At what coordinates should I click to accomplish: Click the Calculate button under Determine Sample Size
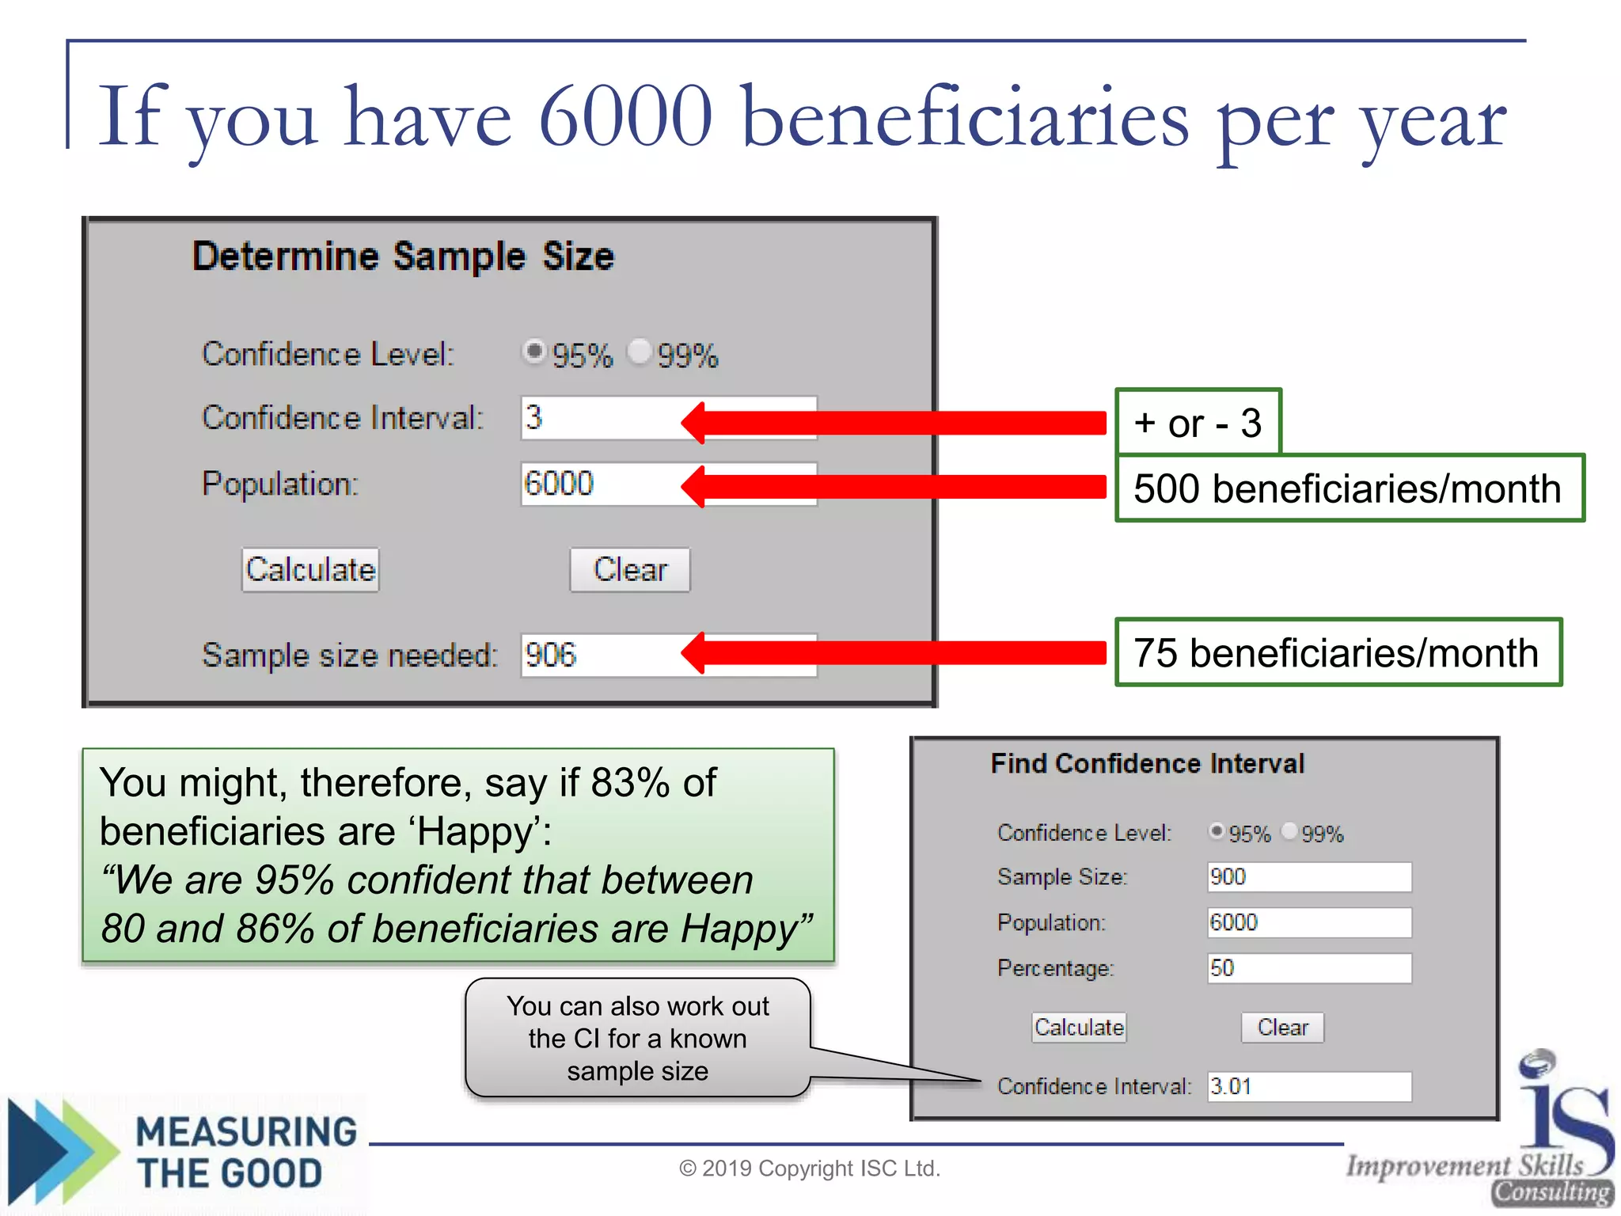pyautogui.click(x=310, y=570)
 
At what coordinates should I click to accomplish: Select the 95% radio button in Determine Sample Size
pyautogui.click(x=534, y=351)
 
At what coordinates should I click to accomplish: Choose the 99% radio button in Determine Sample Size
pyautogui.click(x=638, y=351)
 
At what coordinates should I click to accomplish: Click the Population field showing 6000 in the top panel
pyautogui.click(x=602, y=484)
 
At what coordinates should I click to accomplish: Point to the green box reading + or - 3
pyautogui.click(x=1198, y=423)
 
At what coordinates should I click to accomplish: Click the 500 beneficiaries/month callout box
pyautogui.click(x=1349, y=488)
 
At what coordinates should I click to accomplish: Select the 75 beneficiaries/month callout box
pyautogui.click(x=1338, y=653)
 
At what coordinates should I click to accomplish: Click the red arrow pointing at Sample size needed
pyautogui.click(x=894, y=653)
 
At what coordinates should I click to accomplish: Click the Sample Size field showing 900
pyautogui.click(x=1308, y=877)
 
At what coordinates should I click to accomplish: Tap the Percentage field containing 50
pyautogui.click(x=1308, y=968)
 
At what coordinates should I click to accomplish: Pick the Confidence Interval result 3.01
pyautogui.click(x=1308, y=1086)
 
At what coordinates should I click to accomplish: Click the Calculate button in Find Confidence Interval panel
pyautogui.click(x=1079, y=1028)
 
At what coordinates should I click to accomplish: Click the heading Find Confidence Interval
pyautogui.click(x=1147, y=764)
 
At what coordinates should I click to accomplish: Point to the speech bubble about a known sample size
pyautogui.click(x=637, y=1038)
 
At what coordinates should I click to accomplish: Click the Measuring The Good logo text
pyautogui.click(x=245, y=1153)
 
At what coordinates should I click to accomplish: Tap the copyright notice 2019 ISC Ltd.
pyautogui.click(x=809, y=1168)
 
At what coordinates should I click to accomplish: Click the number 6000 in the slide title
pyautogui.click(x=625, y=116)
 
